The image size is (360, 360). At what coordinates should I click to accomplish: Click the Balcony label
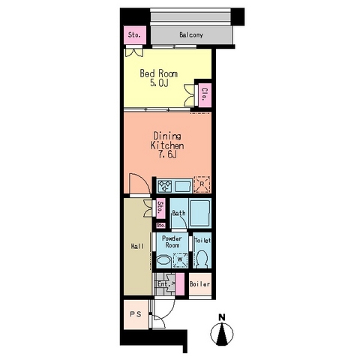191,35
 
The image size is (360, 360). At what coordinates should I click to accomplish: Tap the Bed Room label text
159,73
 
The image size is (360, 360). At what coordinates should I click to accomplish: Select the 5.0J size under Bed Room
159,83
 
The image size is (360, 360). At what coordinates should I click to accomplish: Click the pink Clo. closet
205,94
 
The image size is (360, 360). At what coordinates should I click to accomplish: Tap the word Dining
167,136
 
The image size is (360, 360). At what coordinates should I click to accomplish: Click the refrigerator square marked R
202,184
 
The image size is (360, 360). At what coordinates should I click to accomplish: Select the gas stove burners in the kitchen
165,186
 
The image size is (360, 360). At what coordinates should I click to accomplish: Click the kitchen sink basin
183,186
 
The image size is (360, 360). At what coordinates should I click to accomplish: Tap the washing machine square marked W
180,260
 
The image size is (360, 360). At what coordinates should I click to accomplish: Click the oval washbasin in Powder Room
163,260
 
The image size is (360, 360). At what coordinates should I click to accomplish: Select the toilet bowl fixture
202,259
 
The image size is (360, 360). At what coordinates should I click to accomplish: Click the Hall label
138,247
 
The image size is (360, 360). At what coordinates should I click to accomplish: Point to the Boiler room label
199,284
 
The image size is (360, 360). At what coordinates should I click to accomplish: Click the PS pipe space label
136,314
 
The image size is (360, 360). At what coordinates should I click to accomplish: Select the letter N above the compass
222,317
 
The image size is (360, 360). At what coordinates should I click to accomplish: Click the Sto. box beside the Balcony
134,35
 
